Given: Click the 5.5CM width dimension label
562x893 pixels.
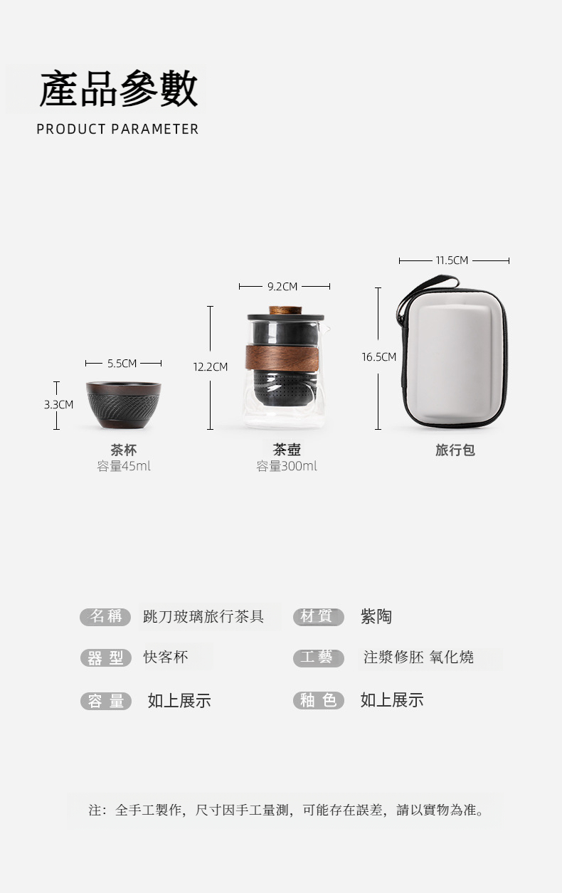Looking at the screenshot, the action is click(x=122, y=363).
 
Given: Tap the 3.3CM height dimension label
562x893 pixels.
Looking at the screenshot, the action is click(x=58, y=405).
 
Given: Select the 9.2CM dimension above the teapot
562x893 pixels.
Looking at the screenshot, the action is click(x=282, y=286).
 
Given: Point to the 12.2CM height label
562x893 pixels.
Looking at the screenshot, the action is click(x=211, y=366).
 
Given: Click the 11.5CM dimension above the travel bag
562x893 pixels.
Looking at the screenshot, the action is click(x=452, y=260).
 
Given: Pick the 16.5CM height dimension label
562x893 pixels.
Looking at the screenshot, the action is click(x=379, y=356).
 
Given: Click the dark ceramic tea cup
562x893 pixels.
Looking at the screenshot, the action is click(x=124, y=405).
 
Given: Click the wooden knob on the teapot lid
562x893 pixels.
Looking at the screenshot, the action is click(x=285, y=310).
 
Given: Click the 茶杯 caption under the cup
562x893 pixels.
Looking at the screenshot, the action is click(x=124, y=450).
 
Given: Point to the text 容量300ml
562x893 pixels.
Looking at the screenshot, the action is click(x=287, y=465).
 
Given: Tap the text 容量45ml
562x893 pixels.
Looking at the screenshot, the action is click(x=124, y=465).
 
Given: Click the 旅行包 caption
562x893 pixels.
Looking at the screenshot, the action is click(x=455, y=450).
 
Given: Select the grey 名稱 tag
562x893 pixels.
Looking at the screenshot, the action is click(x=105, y=617).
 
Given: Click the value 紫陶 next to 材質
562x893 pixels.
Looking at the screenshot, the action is click(x=376, y=617).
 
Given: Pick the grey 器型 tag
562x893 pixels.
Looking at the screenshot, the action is click(x=105, y=657).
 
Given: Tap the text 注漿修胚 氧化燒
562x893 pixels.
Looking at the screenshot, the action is click(x=418, y=657).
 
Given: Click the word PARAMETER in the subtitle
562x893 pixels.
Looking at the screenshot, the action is click(x=154, y=130).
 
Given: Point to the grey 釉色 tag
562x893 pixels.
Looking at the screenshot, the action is click(x=319, y=700).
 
